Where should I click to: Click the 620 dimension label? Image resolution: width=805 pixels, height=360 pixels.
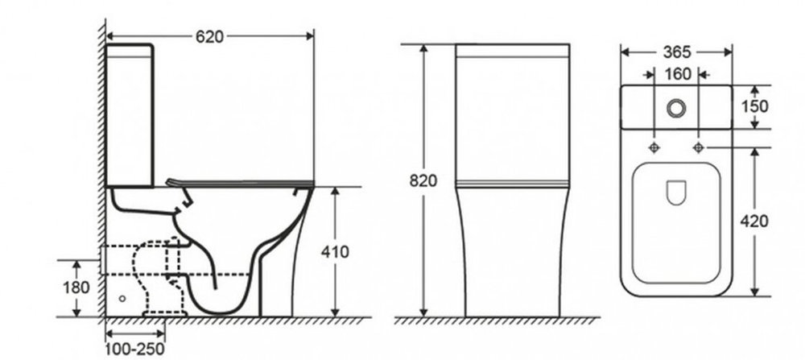(209, 36)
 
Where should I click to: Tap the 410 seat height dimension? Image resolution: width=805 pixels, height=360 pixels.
(335, 252)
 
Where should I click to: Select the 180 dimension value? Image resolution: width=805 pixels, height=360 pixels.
(76, 288)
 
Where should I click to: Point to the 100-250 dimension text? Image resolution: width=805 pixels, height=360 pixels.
(135, 350)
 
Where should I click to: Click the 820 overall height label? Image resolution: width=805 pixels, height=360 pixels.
(423, 180)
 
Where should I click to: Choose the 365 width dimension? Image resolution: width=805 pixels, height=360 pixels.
(677, 52)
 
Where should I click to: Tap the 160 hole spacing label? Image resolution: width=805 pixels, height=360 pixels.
(678, 74)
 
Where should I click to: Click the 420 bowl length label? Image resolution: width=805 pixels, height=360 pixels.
(754, 221)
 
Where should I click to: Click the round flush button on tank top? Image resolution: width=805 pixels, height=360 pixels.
(676, 107)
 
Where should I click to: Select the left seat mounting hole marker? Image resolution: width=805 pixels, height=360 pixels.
(654, 148)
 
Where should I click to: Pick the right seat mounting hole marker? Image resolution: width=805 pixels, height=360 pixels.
(698, 148)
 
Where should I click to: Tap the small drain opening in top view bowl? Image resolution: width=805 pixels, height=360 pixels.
(676, 192)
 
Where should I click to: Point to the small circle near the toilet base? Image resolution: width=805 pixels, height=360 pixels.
(122, 298)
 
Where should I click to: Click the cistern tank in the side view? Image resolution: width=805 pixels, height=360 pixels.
(130, 115)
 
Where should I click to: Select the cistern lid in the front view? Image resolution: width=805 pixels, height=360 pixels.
(512, 50)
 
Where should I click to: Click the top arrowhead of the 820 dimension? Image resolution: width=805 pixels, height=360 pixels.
(423, 49)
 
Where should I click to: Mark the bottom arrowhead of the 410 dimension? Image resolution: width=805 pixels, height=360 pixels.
(335, 312)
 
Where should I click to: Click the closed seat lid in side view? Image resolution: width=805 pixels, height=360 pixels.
(240, 183)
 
